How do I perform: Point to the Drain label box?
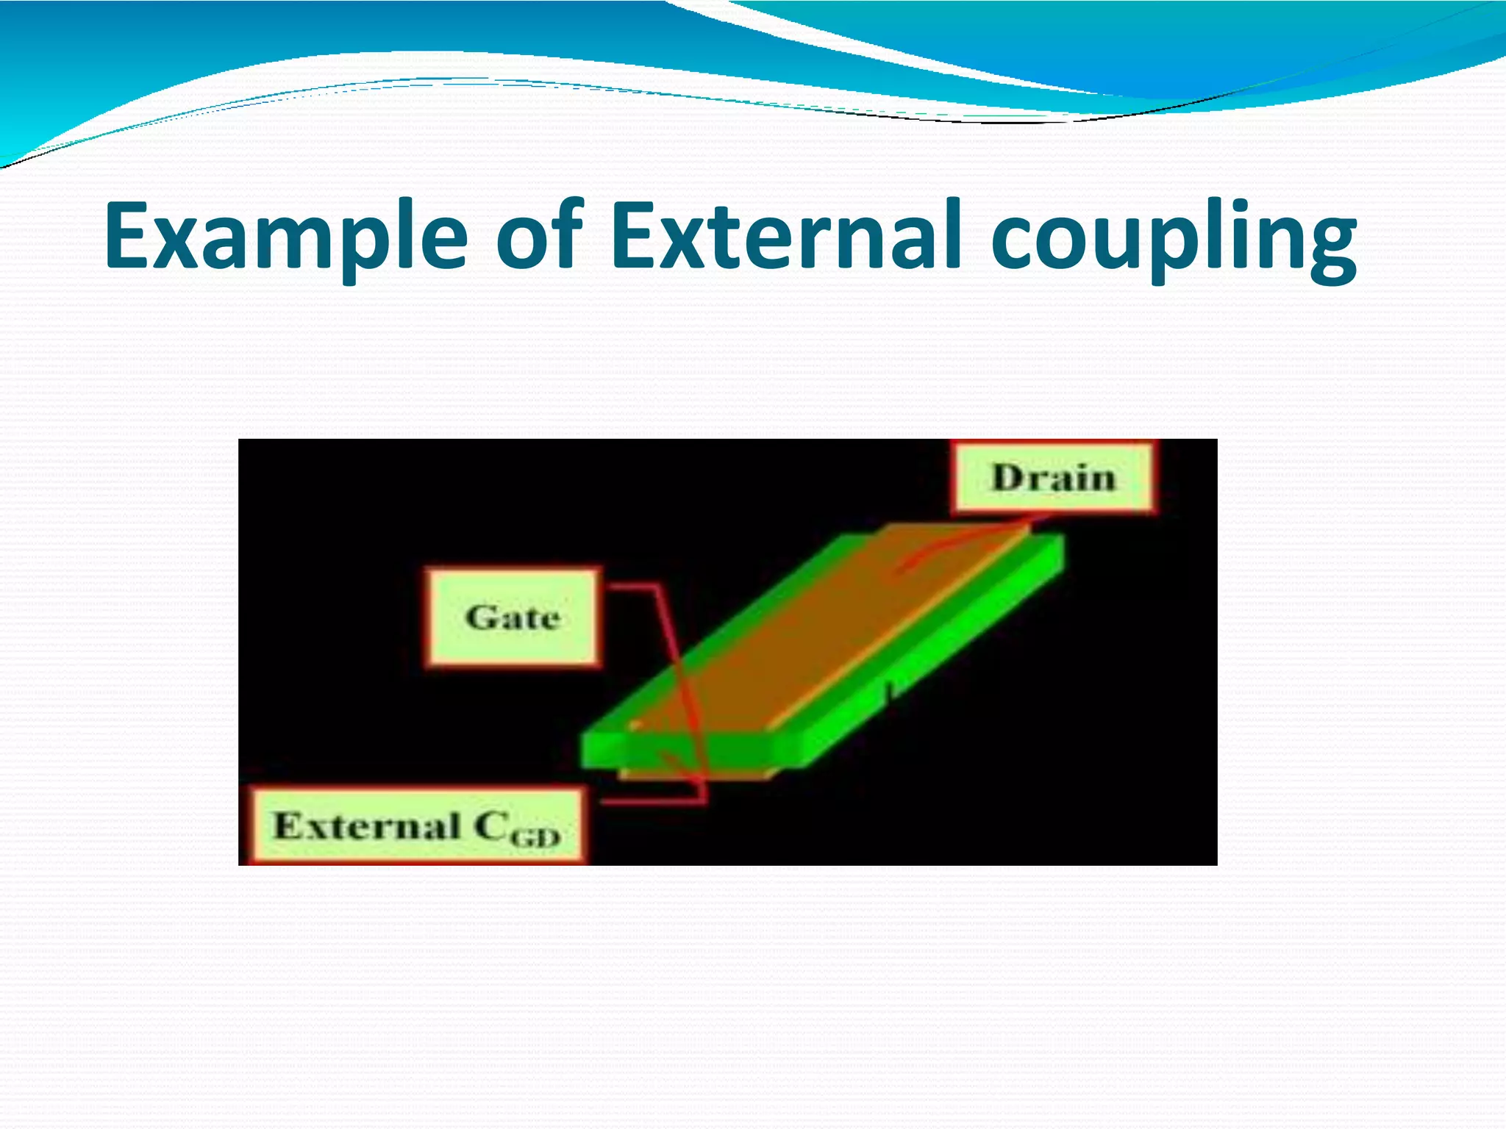tap(1052, 477)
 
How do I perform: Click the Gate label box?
tap(513, 617)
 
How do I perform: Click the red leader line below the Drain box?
tap(956, 544)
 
